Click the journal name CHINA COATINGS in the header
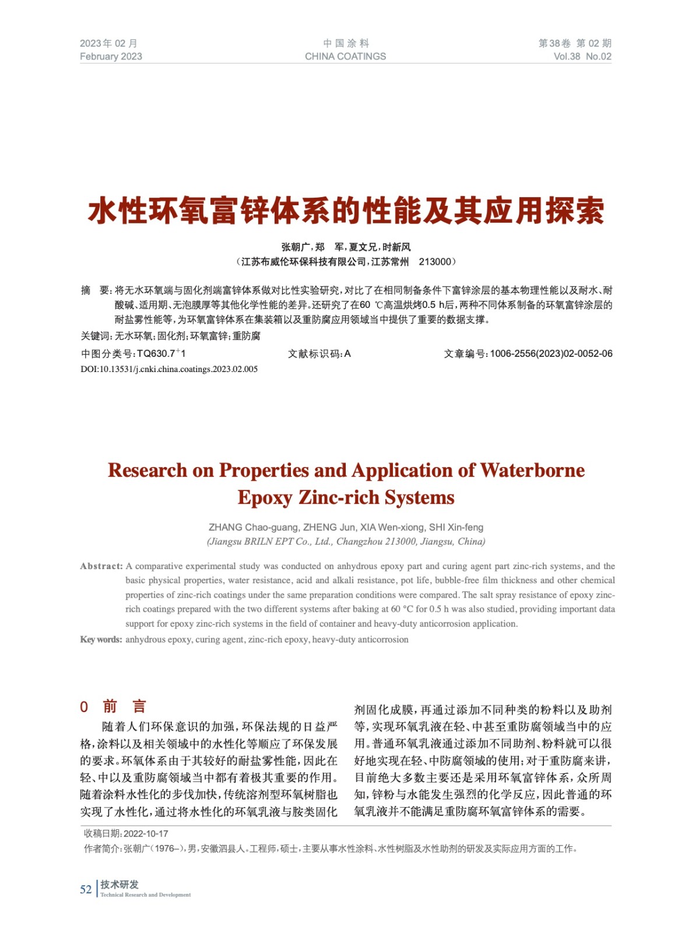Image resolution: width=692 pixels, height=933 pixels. click(x=345, y=57)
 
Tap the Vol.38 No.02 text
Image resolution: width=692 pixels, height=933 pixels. click(x=582, y=57)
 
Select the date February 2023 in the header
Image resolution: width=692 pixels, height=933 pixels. click(x=111, y=57)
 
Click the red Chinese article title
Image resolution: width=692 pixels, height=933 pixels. click(x=346, y=211)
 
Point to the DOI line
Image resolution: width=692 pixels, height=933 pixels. click(x=169, y=369)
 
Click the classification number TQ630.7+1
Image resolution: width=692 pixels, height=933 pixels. click(x=161, y=353)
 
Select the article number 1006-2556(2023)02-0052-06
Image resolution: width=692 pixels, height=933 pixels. click(x=551, y=353)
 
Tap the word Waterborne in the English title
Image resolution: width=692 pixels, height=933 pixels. click(x=532, y=470)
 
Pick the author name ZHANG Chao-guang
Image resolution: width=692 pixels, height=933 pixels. click(x=254, y=527)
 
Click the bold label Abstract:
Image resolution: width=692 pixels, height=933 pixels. click(x=101, y=566)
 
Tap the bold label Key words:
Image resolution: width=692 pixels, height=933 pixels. click(x=101, y=640)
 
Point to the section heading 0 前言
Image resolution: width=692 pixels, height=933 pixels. click(x=113, y=707)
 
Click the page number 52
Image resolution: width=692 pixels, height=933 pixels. click(x=86, y=889)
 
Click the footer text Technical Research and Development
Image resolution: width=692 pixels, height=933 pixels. click(x=145, y=895)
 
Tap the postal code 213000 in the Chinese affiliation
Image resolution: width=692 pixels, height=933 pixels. click(x=435, y=262)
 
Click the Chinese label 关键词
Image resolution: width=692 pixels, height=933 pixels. click(x=95, y=336)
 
